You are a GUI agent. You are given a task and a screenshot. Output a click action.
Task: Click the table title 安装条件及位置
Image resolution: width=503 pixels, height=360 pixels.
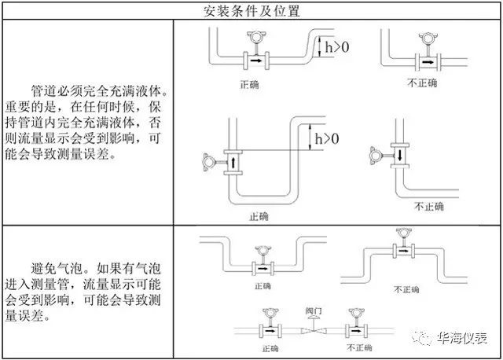click(x=251, y=11)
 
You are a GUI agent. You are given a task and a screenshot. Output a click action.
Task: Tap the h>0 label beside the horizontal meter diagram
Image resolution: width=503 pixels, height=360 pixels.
click(x=337, y=47)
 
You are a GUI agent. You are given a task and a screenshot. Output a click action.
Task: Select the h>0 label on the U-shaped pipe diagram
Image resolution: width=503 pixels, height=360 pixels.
click(x=327, y=138)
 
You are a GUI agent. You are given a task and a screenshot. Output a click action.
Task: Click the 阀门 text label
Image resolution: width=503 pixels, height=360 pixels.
click(x=314, y=310)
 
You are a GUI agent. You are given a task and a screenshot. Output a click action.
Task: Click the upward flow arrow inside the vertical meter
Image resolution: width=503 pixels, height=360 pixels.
click(x=233, y=163)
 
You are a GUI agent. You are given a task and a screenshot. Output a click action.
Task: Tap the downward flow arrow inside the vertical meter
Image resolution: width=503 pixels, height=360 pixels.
click(x=400, y=156)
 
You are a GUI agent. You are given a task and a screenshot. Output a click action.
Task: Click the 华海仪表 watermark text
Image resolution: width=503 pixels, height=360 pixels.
click(x=462, y=338)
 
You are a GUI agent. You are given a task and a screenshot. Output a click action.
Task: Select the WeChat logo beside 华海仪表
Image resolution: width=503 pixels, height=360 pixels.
click(x=421, y=338)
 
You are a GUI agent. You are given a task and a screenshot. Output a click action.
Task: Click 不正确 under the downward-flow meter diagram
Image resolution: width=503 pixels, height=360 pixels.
click(x=429, y=206)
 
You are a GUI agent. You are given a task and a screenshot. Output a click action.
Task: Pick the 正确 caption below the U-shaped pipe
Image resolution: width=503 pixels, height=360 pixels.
click(x=259, y=217)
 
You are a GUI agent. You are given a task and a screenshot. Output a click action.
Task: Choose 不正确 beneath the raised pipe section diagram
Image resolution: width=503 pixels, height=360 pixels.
click(x=406, y=290)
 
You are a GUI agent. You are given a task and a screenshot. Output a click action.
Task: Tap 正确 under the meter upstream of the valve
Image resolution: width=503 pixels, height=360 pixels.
click(x=270, y=348)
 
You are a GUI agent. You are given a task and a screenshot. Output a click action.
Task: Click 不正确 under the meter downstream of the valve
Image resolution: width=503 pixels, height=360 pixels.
click(x=359, y=347)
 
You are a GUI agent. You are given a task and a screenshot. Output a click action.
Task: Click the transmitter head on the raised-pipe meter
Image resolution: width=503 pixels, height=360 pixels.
click(x=404, y=233)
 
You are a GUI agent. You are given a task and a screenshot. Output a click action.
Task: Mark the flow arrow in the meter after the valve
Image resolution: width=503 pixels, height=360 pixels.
click(x=356, y=330)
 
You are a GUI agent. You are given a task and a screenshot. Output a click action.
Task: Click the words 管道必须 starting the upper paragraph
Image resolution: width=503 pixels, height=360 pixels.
click(x=57, y=91)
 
